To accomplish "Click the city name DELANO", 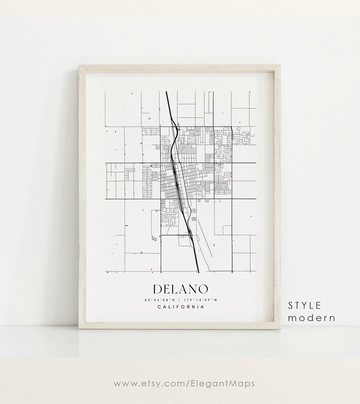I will [180, 289].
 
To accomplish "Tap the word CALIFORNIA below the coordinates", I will [181, 307].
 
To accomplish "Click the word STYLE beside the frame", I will [305, 305].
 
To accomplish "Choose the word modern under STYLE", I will [311, 318].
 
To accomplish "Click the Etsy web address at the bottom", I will [184, 383].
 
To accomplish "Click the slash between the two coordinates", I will [180, 300].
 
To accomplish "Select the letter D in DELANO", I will [158, 289].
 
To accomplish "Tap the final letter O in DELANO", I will [203, 289].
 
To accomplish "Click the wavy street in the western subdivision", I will [147, 180].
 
